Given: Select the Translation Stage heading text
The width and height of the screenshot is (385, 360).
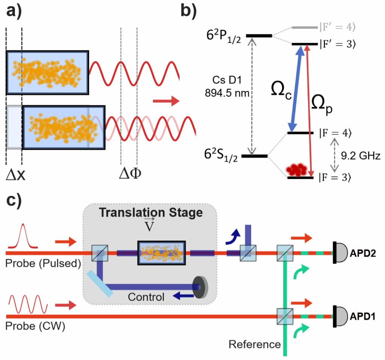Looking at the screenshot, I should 150,213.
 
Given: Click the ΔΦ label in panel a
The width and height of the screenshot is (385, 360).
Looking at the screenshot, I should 130,174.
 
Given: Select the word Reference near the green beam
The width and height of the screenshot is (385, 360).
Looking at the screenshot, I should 255,344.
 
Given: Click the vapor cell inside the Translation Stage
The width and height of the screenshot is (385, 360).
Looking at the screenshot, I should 162,253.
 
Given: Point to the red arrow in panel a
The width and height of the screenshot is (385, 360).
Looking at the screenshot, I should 165,100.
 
